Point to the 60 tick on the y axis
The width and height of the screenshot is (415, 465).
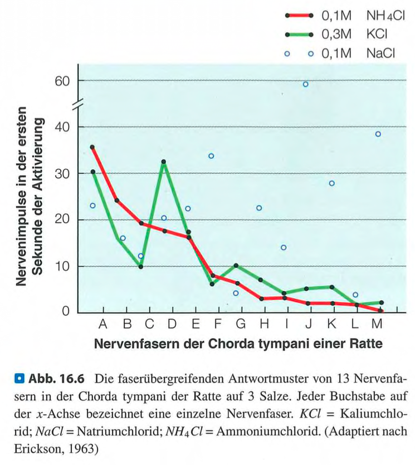click(62, 81)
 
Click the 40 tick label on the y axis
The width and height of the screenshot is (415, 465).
click(62, 126)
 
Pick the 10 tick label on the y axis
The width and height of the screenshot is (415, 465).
click(62, 266)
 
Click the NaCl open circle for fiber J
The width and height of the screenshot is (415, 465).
click(306, 84)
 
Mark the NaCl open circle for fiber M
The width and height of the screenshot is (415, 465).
click(378, 134)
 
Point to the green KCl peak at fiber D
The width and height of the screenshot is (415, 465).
click(164, 162)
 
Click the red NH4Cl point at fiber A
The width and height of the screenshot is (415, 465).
click(92, 147)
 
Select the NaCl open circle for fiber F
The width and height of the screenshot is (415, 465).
click(211, 156)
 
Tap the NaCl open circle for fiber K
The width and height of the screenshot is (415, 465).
click(332, 183)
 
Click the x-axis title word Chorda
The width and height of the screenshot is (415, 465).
click(228, 343)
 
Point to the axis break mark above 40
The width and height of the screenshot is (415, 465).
click(77, 104)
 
